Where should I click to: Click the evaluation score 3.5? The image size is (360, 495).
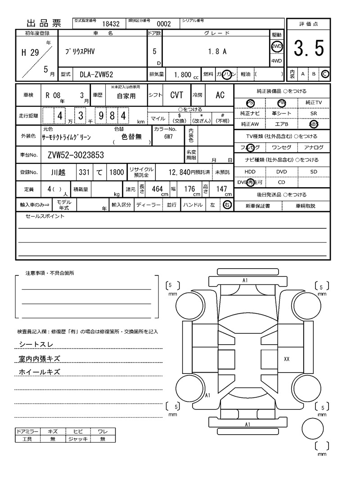click(309, 48)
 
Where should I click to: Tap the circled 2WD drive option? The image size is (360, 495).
click(276, 46)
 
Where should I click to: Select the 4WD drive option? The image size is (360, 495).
click(276, 61)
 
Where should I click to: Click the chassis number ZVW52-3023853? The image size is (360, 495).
click(76, 155)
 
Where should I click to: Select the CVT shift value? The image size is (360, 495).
click(176, 95)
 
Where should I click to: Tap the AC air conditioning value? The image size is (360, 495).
click(220, 95)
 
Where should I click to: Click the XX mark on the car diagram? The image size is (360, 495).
click(287, 359)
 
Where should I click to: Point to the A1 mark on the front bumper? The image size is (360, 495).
click(245, 280)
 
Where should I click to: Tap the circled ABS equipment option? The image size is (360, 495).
click(314, 124)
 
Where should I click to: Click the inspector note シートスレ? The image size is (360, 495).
click(36, 344)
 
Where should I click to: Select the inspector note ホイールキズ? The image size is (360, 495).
click(40, 372)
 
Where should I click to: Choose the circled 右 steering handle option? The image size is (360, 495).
click(227, 205)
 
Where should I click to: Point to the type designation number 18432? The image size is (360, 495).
click(111, 24)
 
